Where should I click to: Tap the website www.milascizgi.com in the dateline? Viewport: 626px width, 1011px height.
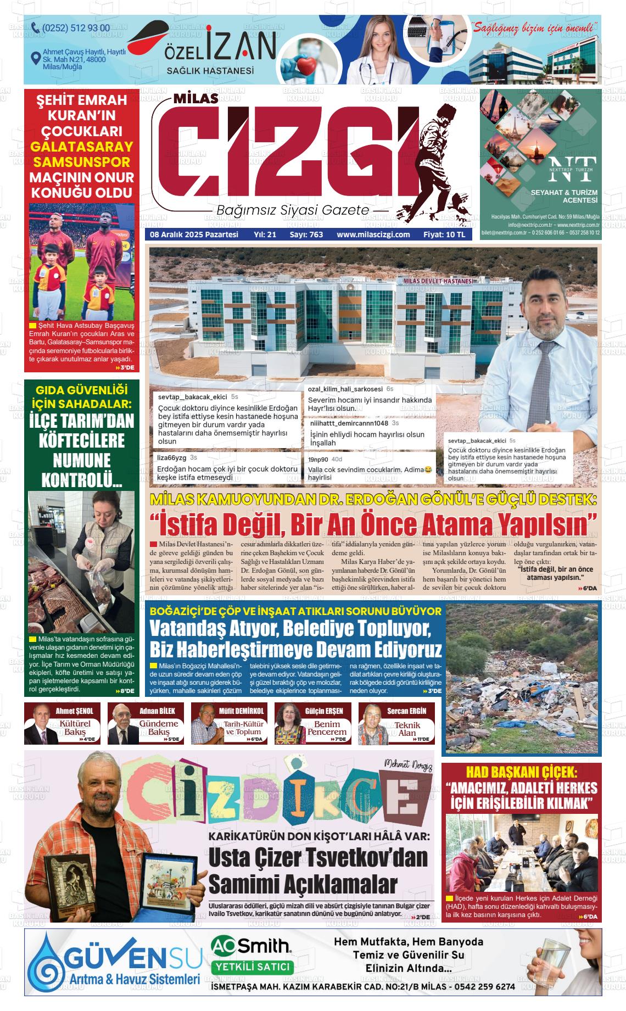click(x=373, y=234)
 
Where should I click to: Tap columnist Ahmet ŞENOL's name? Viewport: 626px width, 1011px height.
click(x=75, y=711)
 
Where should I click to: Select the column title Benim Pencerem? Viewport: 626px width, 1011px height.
click(x=327, y=728)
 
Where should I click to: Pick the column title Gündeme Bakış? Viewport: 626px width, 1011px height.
click(x=159, y=728)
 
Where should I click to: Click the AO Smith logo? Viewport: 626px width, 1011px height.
click(x=251, y=945)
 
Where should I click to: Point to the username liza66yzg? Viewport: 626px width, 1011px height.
click(x=171, y=457)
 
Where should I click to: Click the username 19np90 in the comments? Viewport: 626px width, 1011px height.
click(x=317, y=460)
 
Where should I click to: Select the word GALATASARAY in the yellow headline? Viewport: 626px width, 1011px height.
click(x=81, y=147)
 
